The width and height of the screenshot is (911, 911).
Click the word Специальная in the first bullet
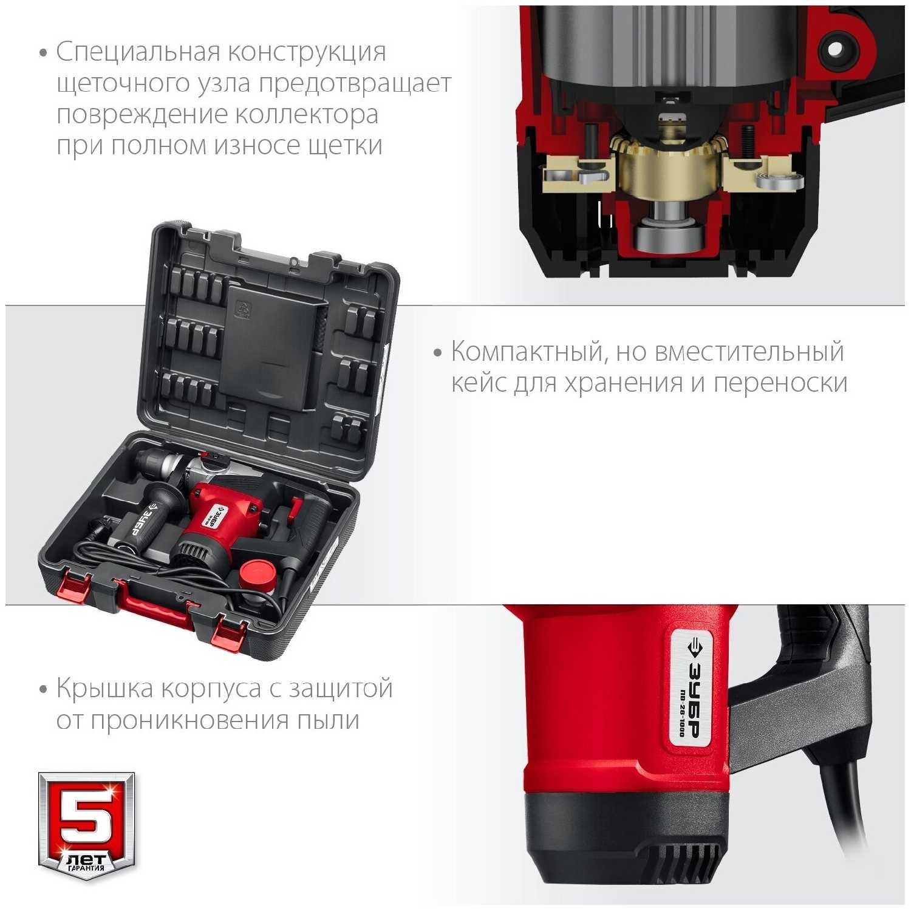point(138,52)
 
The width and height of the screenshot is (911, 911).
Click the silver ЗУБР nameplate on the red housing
point(690,686)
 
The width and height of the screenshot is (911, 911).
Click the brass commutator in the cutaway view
point(669,168)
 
